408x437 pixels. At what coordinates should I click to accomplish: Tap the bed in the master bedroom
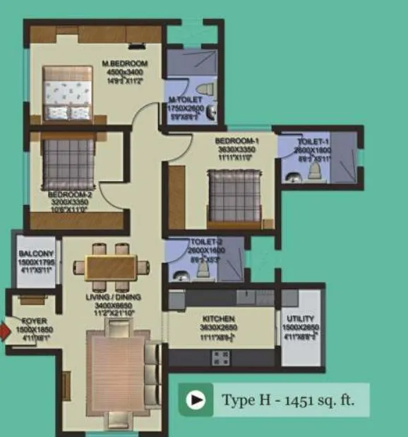pyautogui.click(x=67, y=92)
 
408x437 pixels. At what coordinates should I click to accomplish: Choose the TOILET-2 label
pyautogui.click(x=206, y=243)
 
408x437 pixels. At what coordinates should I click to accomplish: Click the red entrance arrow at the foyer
pyautogui.click(x=4, y=329)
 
